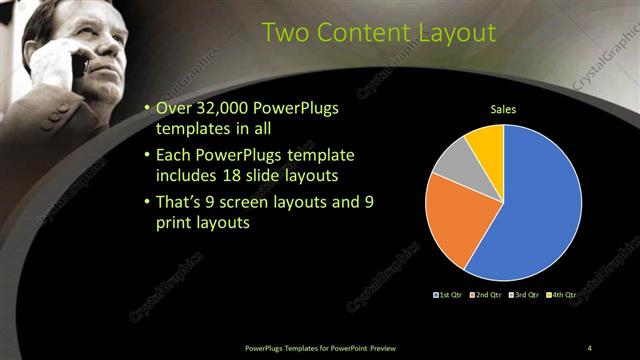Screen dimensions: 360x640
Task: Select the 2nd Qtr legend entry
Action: point(487,295)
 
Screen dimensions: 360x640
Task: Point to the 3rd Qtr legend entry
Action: point(524,295)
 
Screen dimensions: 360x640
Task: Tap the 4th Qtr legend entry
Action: point(562,295)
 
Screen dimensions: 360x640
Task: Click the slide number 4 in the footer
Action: point(589,347)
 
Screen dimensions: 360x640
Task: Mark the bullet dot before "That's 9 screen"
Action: point(148,203)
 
